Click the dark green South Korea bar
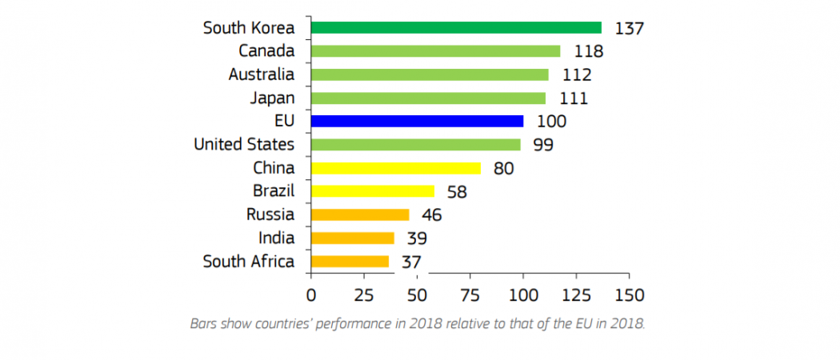click(456, 27)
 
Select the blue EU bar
click(417, 121)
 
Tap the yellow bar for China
click(395, 168)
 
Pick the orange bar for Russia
click(360, 215)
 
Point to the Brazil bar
click(372, 191)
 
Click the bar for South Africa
click(350, 262)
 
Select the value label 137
click(629, 28)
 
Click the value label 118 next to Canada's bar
click(589, 51)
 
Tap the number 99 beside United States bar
click(543, 145)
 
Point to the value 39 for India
click(417, 238)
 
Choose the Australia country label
click(262, 74)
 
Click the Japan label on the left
click(272, 99)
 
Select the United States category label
click(244, 145)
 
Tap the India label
click(277, 238)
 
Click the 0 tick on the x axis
click(310, 294)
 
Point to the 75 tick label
click(470, 294)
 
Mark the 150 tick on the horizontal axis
click(629, 294)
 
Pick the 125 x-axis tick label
click(576, 294)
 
